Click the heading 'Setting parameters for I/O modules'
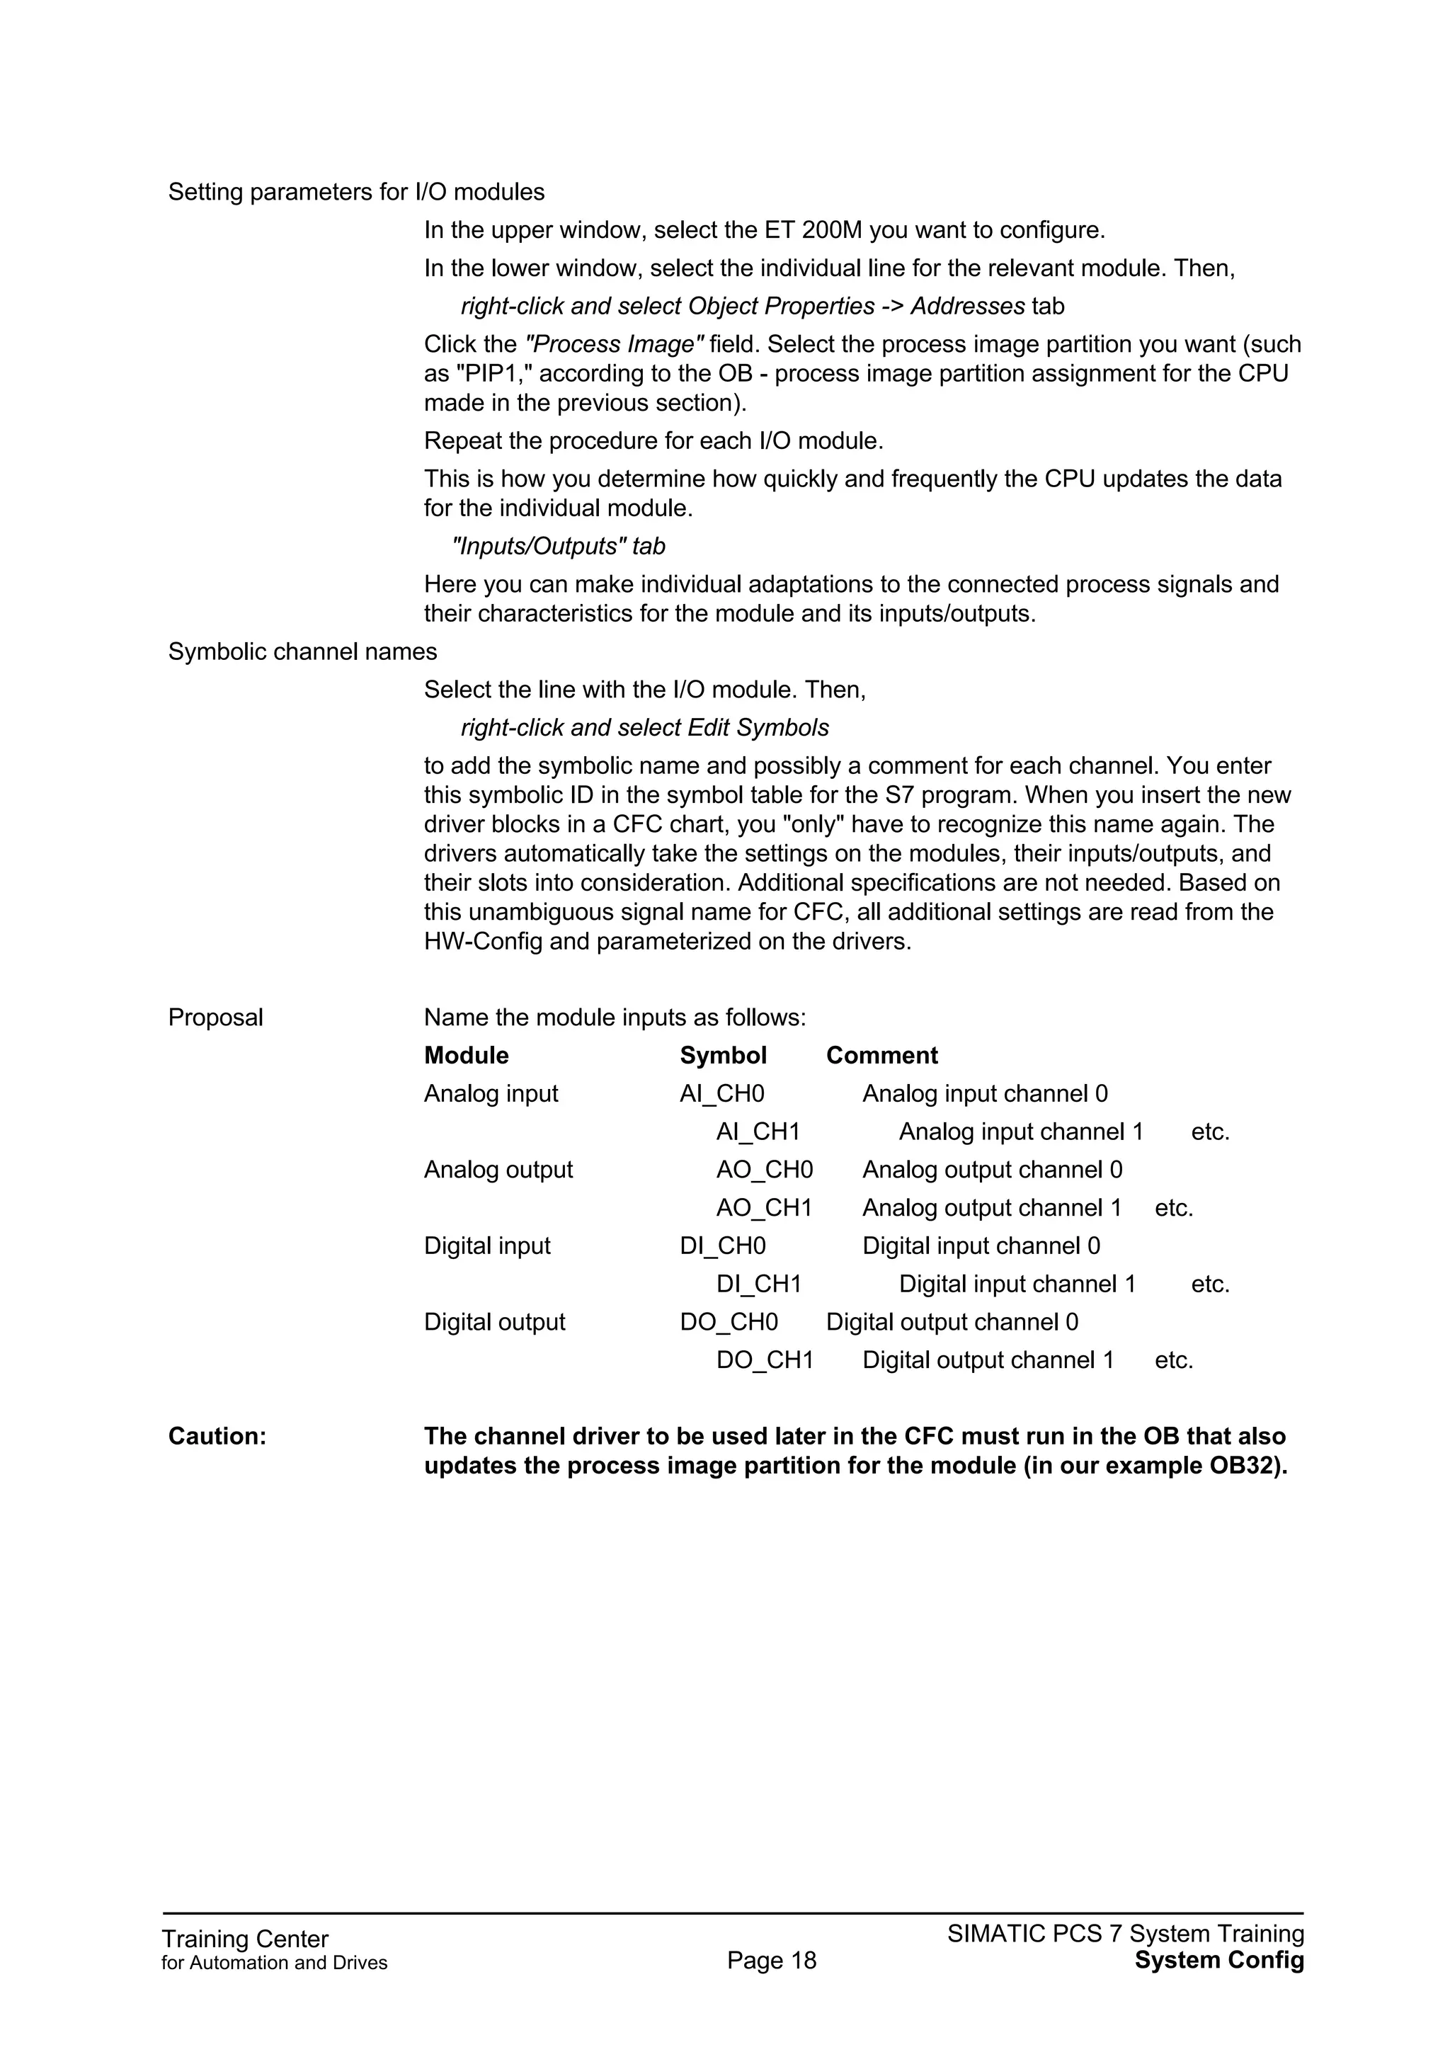pyautogui.click(x=355, y=192)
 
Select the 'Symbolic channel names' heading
pyautogui.click(x=302, y=651)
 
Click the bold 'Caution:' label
pyautogui.click(x=217, y=1436)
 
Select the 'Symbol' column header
pyautogui.click(x=723, y=1056)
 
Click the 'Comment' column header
pyautogui.click(x=881, y=1056)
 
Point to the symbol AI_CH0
pyautogui.click(x=722, y=1094)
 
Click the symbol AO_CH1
pyautogui.click(x=764, y=1208)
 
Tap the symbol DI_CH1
pyautogui.click(x=758, y=1284)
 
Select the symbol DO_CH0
pyautogui.click(x=729, y=1322)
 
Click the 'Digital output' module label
pyautogui.click(x=494, y=1322)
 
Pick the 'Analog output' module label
pyautogui.click(x=498, y=1170)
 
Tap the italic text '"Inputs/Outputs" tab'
pyautogui.click(x=559, y=546)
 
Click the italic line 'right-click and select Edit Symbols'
pyautogui.click(x=644, y=727)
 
